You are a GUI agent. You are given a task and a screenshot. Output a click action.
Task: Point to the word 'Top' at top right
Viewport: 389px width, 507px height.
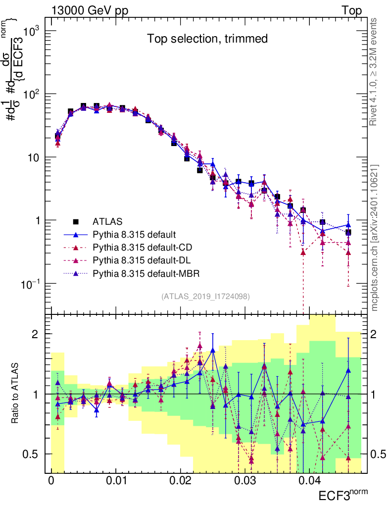pyautogui.click(x=351, y=11)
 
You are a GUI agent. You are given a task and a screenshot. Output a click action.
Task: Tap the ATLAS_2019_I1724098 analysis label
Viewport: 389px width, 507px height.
pyautogui.click(x=205, y=297)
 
